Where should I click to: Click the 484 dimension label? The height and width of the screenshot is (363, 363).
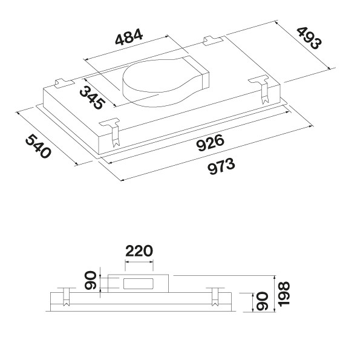click(x=129, y=37)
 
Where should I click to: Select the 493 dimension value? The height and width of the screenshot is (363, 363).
click(x=309, y=38)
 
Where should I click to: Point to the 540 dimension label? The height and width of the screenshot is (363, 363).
click(x=38, y=146)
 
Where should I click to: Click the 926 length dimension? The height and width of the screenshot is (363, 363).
click(x=210, y=143)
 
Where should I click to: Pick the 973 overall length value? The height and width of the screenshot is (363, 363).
click(x=221, y=166)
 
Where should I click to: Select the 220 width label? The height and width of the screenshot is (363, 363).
click(x=139, y=251)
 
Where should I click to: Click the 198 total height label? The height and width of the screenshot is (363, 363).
click(x=284, y=294)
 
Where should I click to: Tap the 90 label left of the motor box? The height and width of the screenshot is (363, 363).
click(x=91, y=280)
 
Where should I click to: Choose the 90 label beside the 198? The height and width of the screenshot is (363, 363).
click(x=263, y=302)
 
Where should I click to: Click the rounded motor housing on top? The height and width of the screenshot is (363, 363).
click(x=166, y=82)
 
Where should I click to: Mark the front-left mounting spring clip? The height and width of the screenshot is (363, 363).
click(x=113, y=132)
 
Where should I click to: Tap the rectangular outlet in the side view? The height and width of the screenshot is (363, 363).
click(x=139, y=284)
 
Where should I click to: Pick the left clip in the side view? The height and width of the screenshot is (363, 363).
click(x=67, y=297)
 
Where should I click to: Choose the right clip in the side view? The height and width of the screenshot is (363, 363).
click(x=215, y=297)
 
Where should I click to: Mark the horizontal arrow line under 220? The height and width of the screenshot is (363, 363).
click(x=139, y=262)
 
